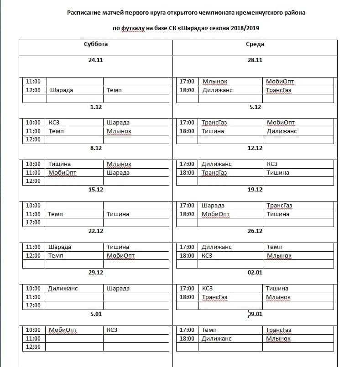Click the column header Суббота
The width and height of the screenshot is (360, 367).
[x=96, y=44]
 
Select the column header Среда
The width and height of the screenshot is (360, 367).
[x=255, y=44]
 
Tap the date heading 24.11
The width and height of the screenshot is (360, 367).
[x=96, y=60]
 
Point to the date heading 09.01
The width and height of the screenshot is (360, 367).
[x=255, y=314]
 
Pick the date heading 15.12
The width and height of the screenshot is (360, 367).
[x=96, y=189]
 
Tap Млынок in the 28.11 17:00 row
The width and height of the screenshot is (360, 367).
[x=215, y=82]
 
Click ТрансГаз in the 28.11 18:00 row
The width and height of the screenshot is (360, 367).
[x=279, y=90]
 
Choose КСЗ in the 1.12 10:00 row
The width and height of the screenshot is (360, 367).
[x=54, y=123]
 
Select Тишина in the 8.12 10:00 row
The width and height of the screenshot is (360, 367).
[x=59, y=164]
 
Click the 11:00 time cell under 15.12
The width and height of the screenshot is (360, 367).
[x=33, y=214]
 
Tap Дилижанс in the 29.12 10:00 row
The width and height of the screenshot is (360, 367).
[x=63, y=289]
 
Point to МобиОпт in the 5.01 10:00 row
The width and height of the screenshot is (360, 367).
[x=62, y=330]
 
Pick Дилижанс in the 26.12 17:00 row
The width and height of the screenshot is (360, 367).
[x=217, y=247]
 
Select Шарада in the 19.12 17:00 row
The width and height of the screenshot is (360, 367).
[x=213, y=206]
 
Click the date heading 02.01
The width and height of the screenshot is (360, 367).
[x=255, y=272]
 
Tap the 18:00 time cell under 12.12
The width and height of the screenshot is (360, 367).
[x=187, y=173]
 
